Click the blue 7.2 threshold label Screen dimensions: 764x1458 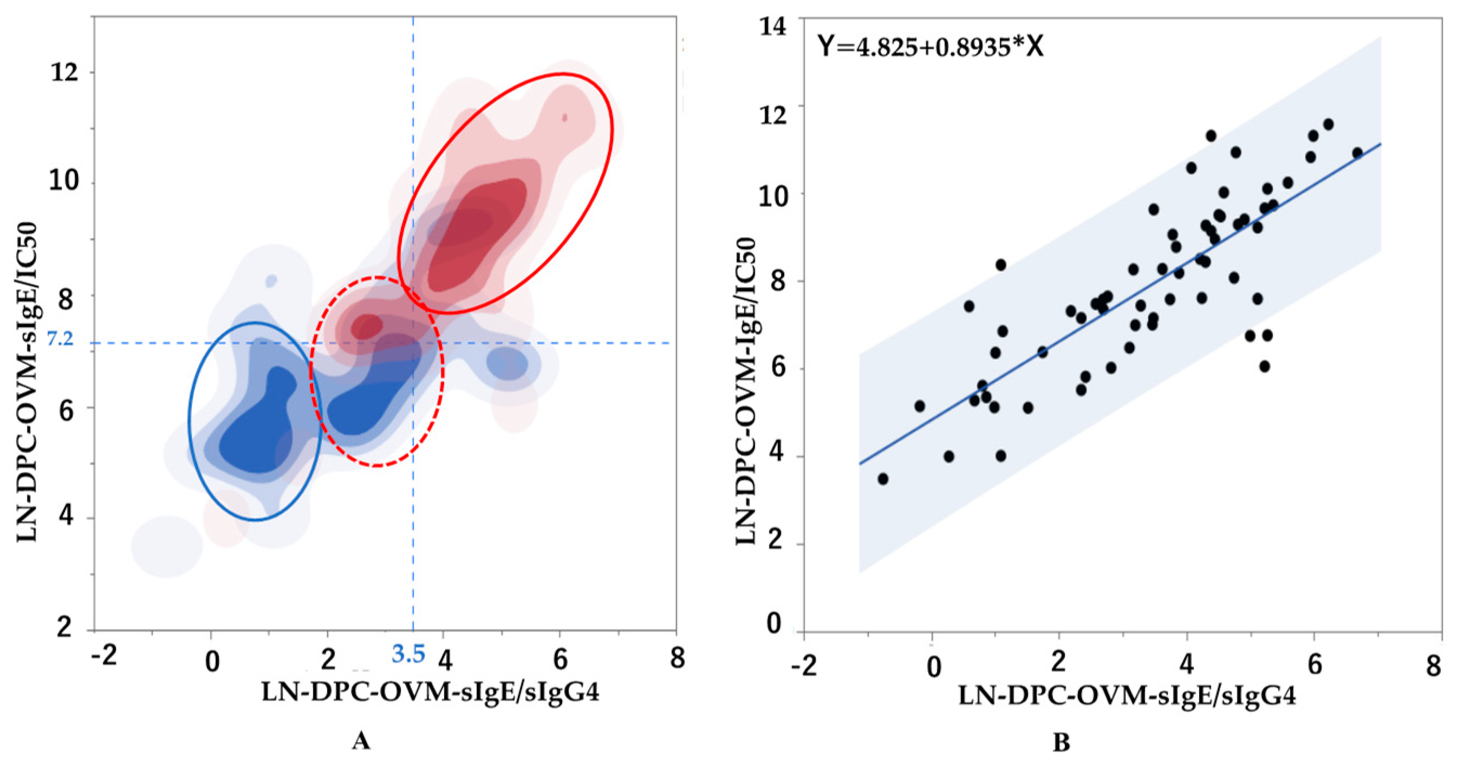coord(60,339)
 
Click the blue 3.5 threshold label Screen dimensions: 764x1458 coord(409,654)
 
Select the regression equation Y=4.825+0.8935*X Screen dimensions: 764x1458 coord(930,47)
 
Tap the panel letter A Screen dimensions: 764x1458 coord(361,740)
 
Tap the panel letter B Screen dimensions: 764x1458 coord(1060,742)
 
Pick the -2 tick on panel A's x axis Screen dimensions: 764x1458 coord(103,656)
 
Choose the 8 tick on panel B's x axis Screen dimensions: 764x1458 coord(1433,665)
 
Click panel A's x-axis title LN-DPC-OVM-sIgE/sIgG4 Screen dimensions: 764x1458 coord(430,692)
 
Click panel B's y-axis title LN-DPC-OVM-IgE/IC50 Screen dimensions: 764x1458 coord(746,390)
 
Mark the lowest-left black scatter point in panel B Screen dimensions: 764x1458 coord(882,479)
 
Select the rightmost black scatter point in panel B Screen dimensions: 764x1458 coord(1357,153)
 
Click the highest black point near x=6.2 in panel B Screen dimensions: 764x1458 coord(1329,125)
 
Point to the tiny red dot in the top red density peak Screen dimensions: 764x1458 coord(564,117)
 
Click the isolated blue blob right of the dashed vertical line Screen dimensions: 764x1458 coord(506,363)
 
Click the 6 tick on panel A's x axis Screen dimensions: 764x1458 coord(560,659)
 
